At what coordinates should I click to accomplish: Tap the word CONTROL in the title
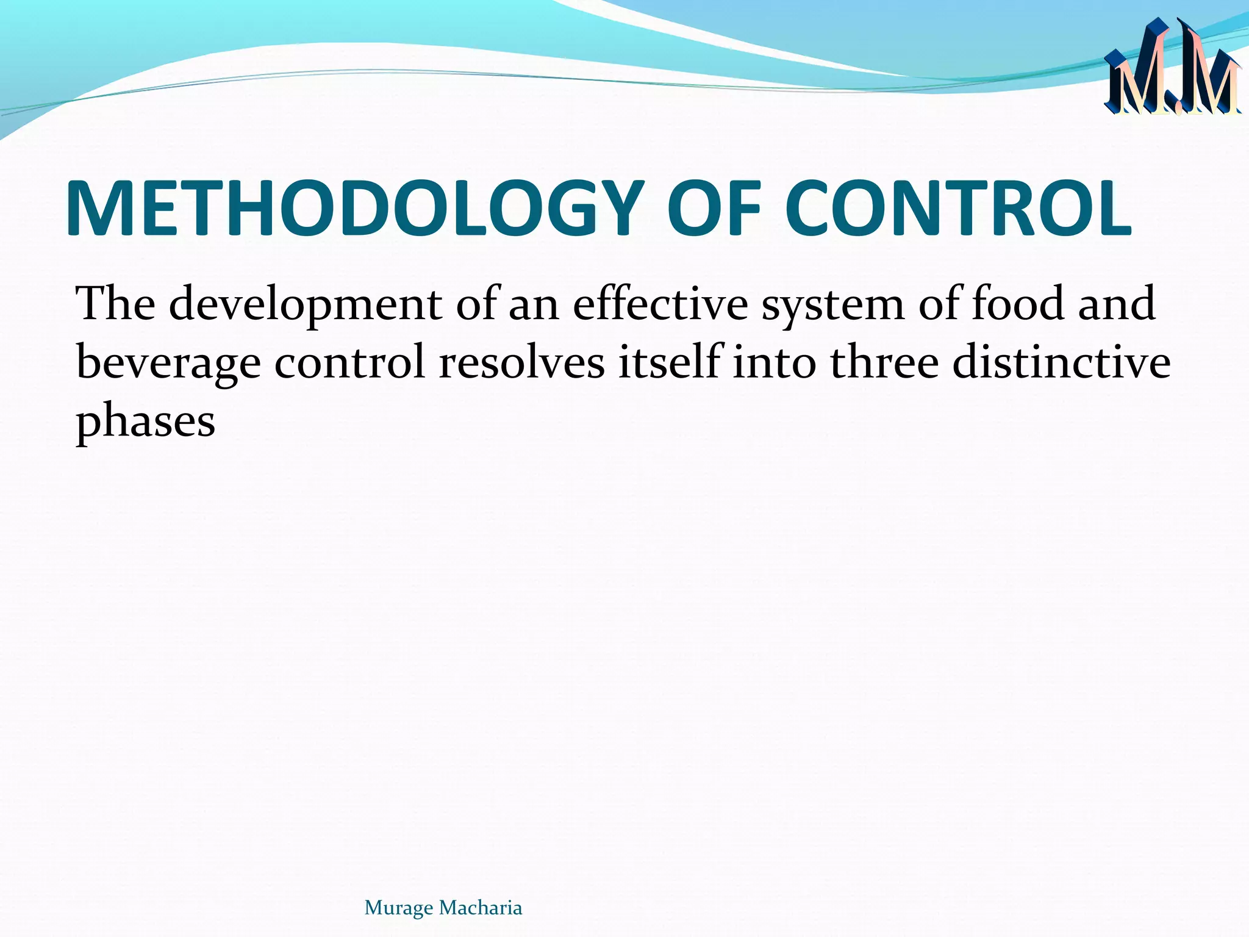(x=957, y=209)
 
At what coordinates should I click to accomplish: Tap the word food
(x=1017, y=303)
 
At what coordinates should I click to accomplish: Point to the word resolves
(x=522, y=362)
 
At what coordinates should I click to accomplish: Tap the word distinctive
(x=1061, y=362)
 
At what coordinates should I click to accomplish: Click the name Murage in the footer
(x=399, y=908)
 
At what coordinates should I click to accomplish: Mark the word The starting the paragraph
(x=115, y=303)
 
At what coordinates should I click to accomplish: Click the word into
(x=774, y=362)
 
